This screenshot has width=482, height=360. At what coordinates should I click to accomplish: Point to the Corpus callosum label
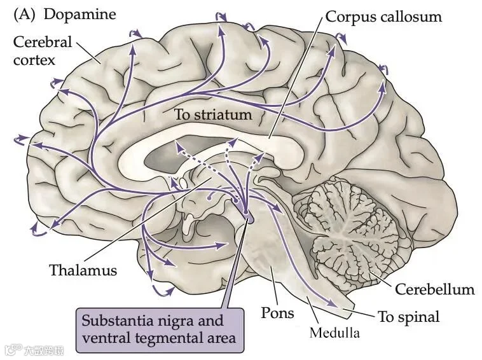383,17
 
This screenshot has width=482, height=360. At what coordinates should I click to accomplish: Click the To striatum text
213,115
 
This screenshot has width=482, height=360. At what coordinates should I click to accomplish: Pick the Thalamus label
83,270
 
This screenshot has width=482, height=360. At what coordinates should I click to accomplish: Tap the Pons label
278,312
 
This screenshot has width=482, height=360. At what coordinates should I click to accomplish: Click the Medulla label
334,332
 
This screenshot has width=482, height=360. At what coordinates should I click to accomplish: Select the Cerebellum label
434,289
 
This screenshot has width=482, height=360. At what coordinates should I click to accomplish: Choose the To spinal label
408,316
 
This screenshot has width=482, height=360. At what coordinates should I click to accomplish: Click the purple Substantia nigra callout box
159,329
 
